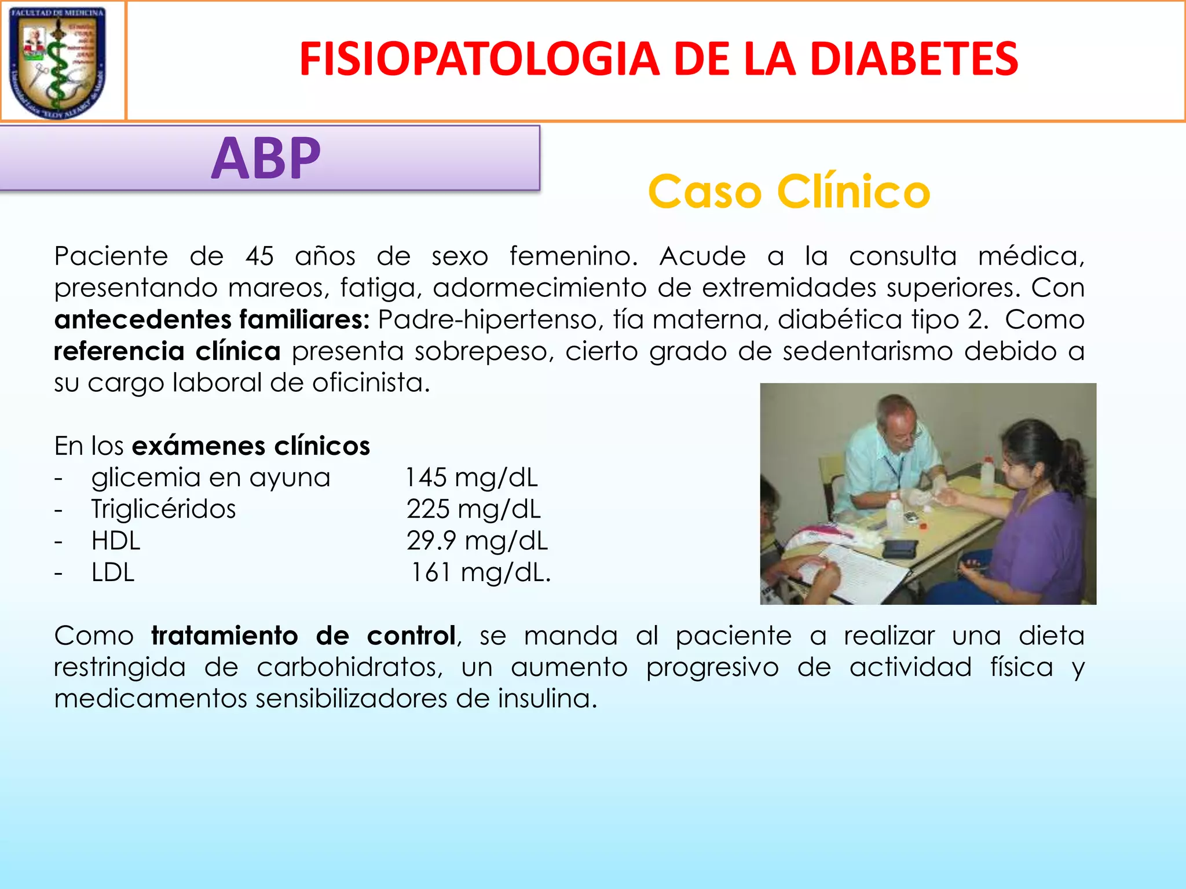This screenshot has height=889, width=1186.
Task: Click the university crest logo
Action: coord(58,61)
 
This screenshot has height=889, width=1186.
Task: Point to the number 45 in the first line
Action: coord(259,256)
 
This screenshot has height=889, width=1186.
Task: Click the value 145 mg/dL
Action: coord(471,478)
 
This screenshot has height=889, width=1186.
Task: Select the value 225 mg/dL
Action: coord(473,509)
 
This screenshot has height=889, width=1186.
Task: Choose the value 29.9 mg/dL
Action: coord(477,541)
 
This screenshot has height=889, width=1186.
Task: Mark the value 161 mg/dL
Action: coord(480,573)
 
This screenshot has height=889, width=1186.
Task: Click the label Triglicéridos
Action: coord(163,509)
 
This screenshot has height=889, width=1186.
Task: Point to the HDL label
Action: coord(116,541)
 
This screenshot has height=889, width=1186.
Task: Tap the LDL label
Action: coord(113,573)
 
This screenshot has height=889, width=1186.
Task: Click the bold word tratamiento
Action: coord(225,636)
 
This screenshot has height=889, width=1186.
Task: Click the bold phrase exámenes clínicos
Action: coord(251,446)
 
